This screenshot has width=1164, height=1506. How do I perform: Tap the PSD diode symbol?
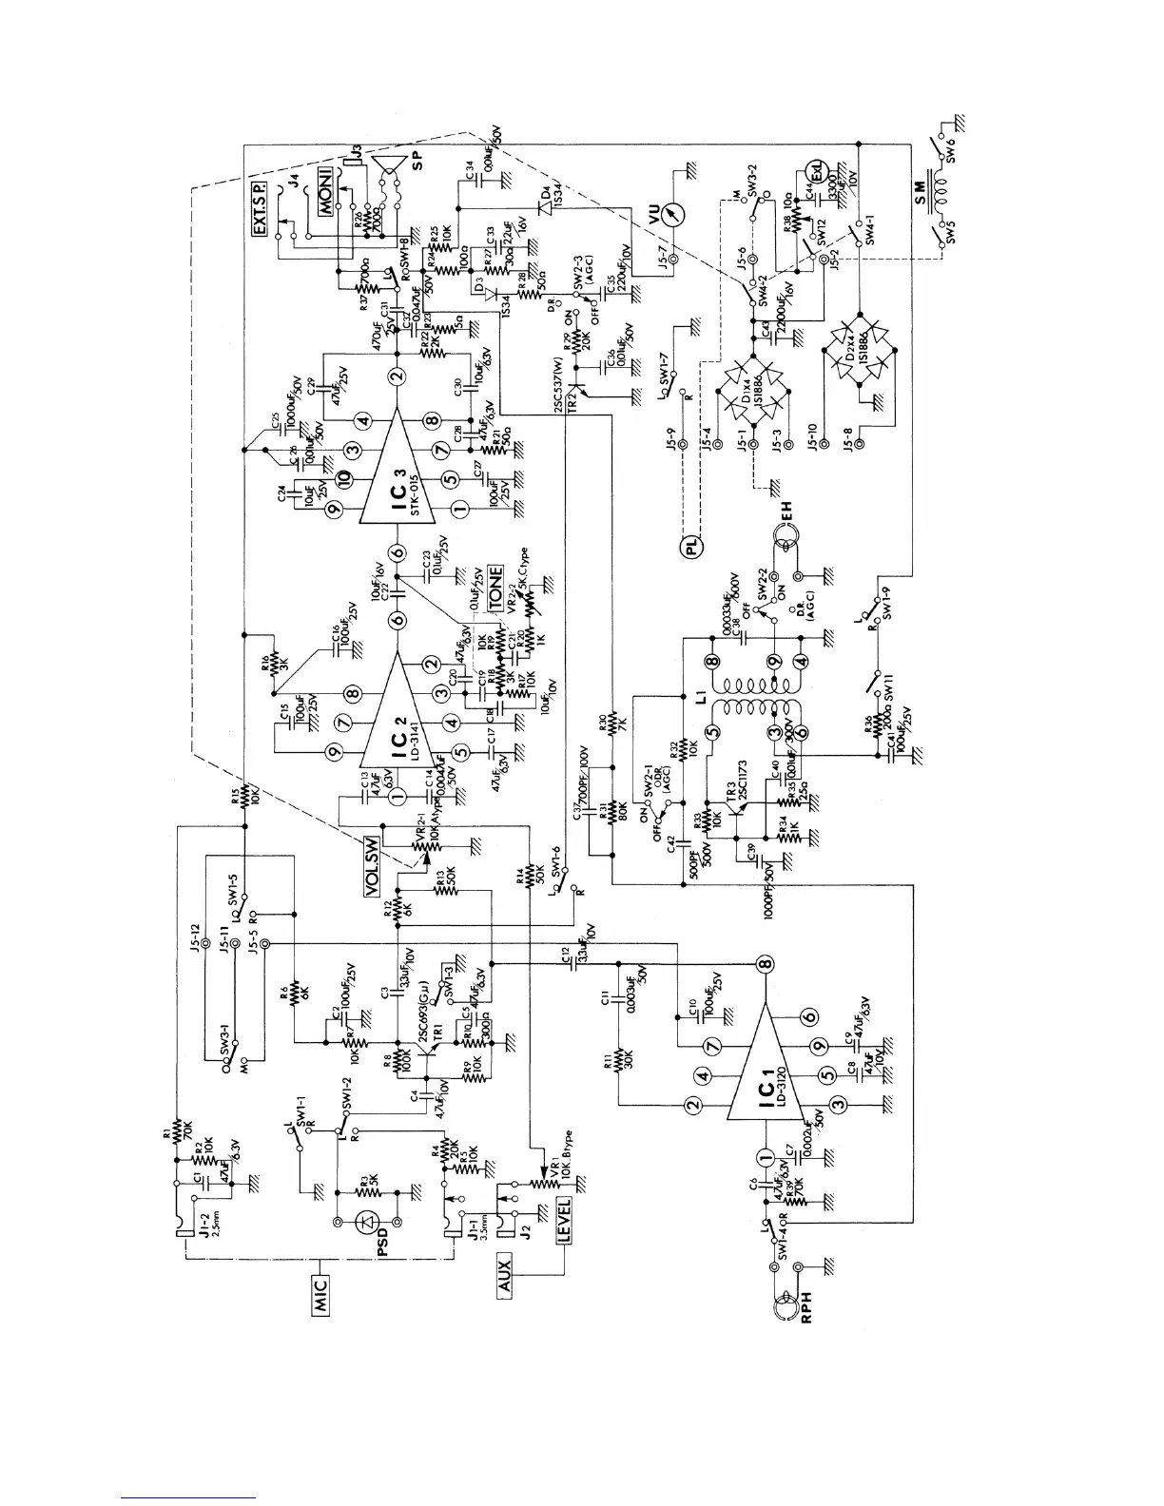[367, 1223]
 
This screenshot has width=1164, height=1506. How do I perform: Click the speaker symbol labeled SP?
[388, 176]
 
